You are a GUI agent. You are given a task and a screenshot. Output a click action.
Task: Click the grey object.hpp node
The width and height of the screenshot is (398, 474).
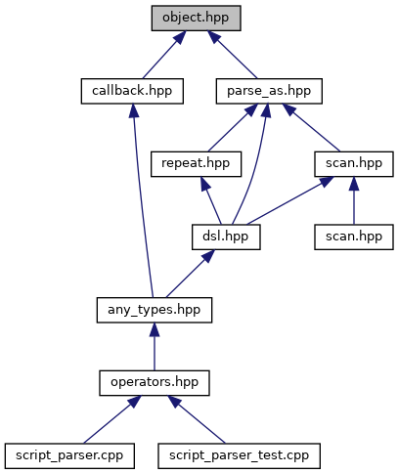196,19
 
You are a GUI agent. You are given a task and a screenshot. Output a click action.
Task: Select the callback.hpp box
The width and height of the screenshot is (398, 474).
132,91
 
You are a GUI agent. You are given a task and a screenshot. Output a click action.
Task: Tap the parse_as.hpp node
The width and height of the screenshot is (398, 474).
269,91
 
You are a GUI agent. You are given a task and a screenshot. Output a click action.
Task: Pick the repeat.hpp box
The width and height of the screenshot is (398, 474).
196,164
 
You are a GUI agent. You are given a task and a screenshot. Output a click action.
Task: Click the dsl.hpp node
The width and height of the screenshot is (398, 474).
226,237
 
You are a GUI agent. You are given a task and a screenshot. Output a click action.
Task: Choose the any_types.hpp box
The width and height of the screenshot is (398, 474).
155,310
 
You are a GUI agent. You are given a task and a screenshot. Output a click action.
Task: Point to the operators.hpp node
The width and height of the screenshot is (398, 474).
155,383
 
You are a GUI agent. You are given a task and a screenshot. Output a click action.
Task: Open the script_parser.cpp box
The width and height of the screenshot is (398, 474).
69,456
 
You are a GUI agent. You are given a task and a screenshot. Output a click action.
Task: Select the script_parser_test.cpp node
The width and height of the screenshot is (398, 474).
239,456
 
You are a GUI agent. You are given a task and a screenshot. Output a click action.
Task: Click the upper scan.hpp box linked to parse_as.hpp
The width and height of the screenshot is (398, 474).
354,164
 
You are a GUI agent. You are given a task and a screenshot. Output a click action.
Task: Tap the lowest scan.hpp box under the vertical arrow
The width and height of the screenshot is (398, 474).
354,237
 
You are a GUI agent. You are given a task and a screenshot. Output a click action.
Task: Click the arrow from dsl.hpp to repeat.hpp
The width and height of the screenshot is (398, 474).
211,200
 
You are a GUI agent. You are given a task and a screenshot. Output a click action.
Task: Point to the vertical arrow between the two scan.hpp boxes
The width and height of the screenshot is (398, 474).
354,200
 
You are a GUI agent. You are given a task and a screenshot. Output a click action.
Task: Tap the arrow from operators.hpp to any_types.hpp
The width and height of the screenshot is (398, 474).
155,347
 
